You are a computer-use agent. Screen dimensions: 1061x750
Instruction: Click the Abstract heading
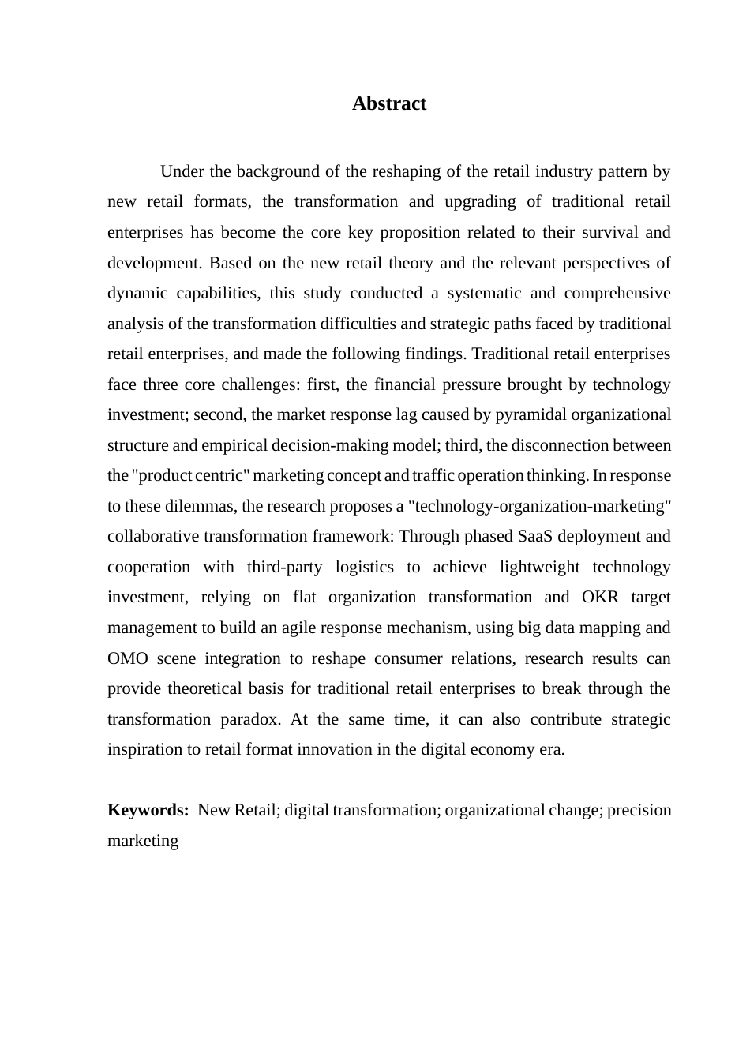pos(389,103)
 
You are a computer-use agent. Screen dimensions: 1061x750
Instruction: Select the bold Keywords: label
pos(148,810)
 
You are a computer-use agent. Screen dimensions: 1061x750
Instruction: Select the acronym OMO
pos(127,658)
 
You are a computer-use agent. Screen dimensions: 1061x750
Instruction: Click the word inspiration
pos(145,749)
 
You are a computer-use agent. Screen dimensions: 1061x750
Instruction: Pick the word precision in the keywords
pos(639,810)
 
